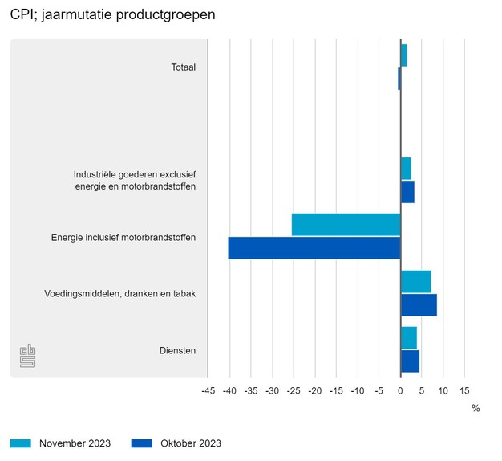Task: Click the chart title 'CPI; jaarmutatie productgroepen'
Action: (x=113, y=15)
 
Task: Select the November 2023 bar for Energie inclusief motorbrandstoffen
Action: (x=346, y=225)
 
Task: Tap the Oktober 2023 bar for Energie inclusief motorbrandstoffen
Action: (x=314, y=248)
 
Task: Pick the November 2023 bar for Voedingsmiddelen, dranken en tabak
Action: (x=415, y=282)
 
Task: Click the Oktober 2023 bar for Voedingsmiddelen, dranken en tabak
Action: (x=419, y=305)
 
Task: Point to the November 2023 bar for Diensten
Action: (x=408, y=338)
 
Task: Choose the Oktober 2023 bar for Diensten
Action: (x=410, y=361)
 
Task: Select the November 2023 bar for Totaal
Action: (x=403, y=55)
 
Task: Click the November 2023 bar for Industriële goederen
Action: (x=406, y=169)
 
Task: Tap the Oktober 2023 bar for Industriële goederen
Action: (x=407, y=192)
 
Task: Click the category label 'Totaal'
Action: (x=183, y=67)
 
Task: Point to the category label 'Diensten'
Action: (x=178, y=350)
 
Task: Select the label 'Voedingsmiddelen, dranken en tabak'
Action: (x=120, y=293)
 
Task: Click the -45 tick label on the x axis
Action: (x=207, y=391)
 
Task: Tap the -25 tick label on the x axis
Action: (x=293, y=391)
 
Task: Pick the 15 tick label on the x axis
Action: (x=464, y=391)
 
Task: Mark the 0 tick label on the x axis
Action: (x=400, y=391)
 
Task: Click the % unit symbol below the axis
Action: (x=476, y=408)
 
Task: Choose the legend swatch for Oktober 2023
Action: (x=141, y=443)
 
